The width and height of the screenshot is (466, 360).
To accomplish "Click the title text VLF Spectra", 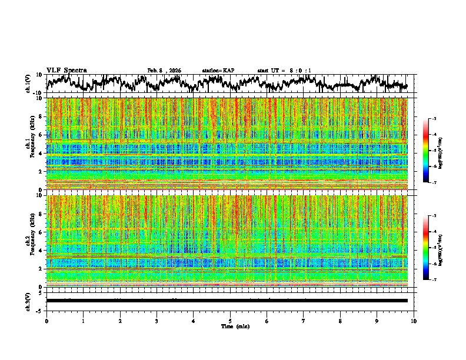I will click(x=66, y=70).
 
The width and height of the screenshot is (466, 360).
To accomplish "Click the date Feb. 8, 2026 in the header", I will click(x=164, y=71).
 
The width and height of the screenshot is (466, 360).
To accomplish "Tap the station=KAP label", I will click(x=218, y=71).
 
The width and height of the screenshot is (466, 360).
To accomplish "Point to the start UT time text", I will click(x=284, y=71).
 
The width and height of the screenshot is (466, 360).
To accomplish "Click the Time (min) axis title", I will click(x=235, y=326).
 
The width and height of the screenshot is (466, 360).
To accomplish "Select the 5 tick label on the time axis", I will click(x=230, y=321).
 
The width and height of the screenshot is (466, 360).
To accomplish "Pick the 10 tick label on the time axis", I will click(x=414, y=321).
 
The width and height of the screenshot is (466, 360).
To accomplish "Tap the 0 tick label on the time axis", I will click(x=46, y=321).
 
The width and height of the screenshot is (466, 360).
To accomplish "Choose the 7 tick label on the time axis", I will click(x=304, y=321).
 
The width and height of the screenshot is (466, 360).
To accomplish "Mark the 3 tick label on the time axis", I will click(x=157, y=321).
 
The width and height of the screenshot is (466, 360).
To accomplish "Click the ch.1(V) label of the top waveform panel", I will click(x=28, y=84).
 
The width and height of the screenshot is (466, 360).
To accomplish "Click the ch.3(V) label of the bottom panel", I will click(x=28, y=301).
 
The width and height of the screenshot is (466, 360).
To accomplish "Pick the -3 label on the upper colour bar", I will click(x=434, y=119).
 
